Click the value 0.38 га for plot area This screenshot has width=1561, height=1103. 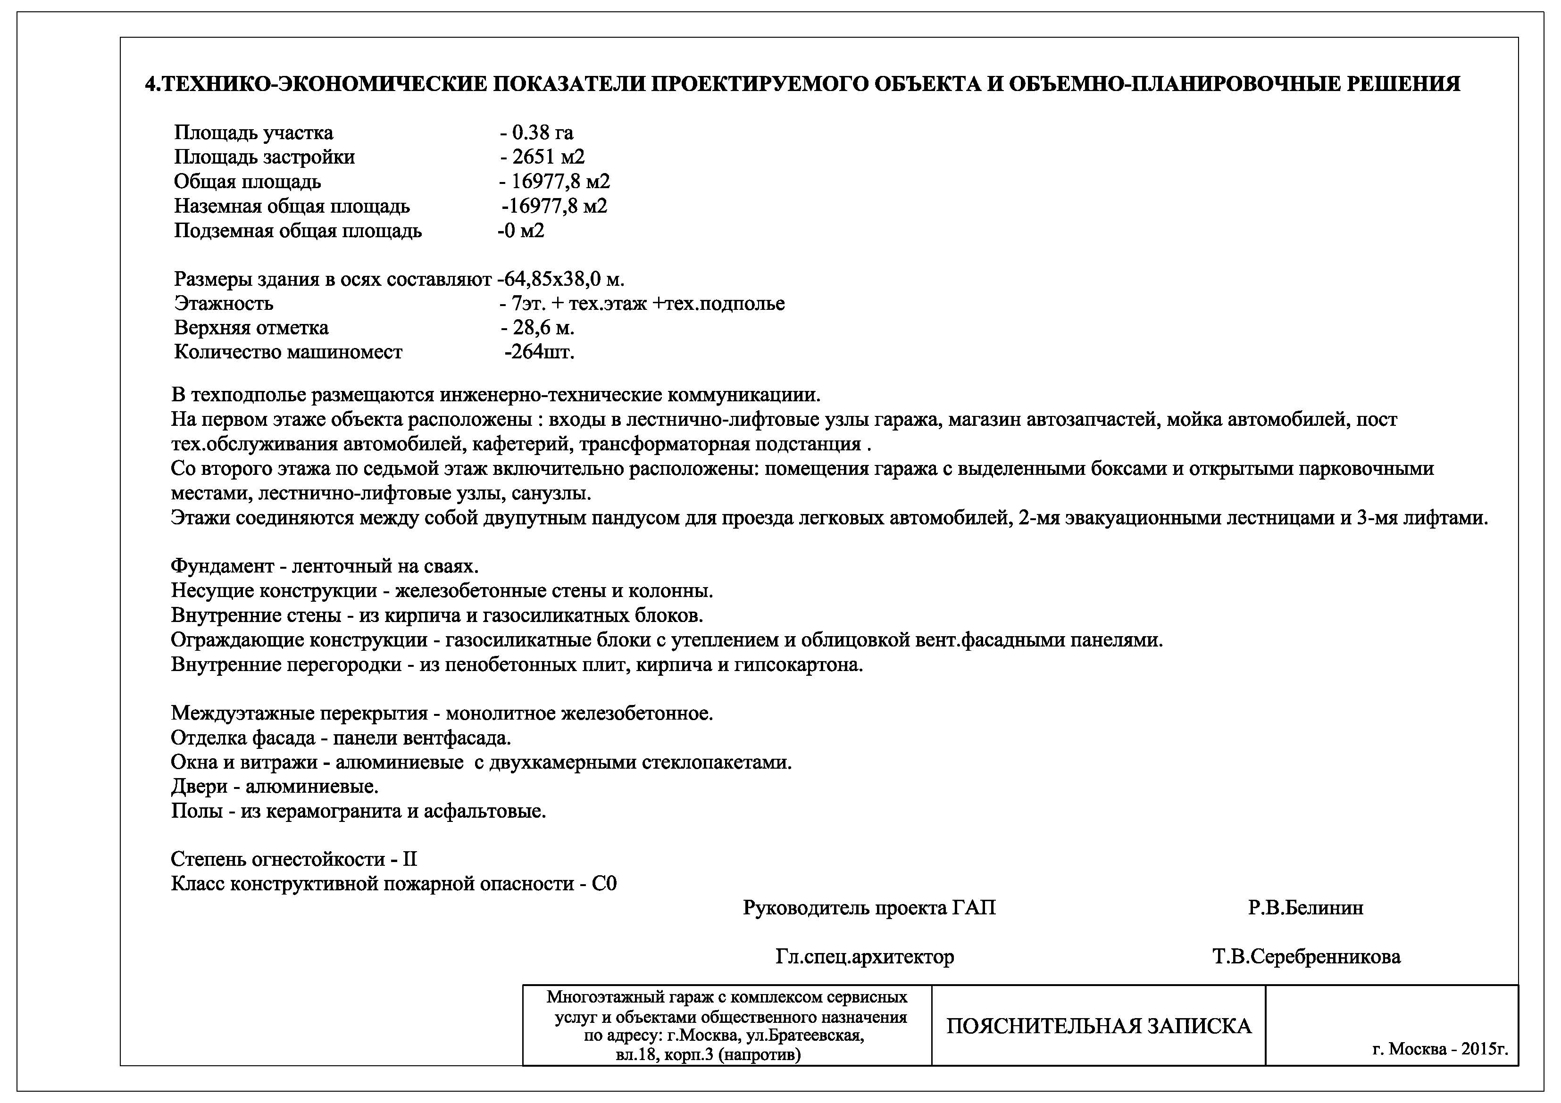[542, 133]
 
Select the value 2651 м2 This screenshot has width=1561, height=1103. [548, 157]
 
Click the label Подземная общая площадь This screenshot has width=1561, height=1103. [298, 231]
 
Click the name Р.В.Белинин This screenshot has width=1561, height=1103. [1305, 908]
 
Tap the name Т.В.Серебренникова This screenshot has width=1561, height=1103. [1306, 957]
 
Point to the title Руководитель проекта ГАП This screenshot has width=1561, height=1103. [869, 908]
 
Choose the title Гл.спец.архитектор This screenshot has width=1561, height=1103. [864, 957]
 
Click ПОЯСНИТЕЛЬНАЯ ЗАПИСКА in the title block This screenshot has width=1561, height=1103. [1099, 1026]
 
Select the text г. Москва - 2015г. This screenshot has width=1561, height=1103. [1440, 1049]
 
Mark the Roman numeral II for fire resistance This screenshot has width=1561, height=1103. [409, 859]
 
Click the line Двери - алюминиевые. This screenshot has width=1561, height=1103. [275, 787]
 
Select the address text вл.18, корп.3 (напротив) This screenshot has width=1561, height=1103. [708, 1055]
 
